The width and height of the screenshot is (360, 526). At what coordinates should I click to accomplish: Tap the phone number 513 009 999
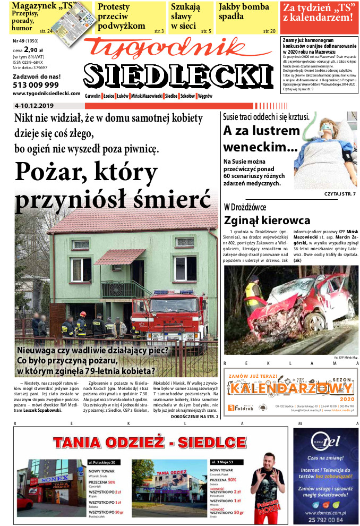[36, 84]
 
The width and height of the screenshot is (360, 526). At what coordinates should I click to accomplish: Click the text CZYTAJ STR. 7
[339, 193]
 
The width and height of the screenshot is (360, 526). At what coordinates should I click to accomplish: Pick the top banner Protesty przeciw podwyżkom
[122, 16]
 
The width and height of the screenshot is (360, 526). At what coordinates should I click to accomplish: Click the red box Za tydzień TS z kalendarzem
[318, 13]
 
